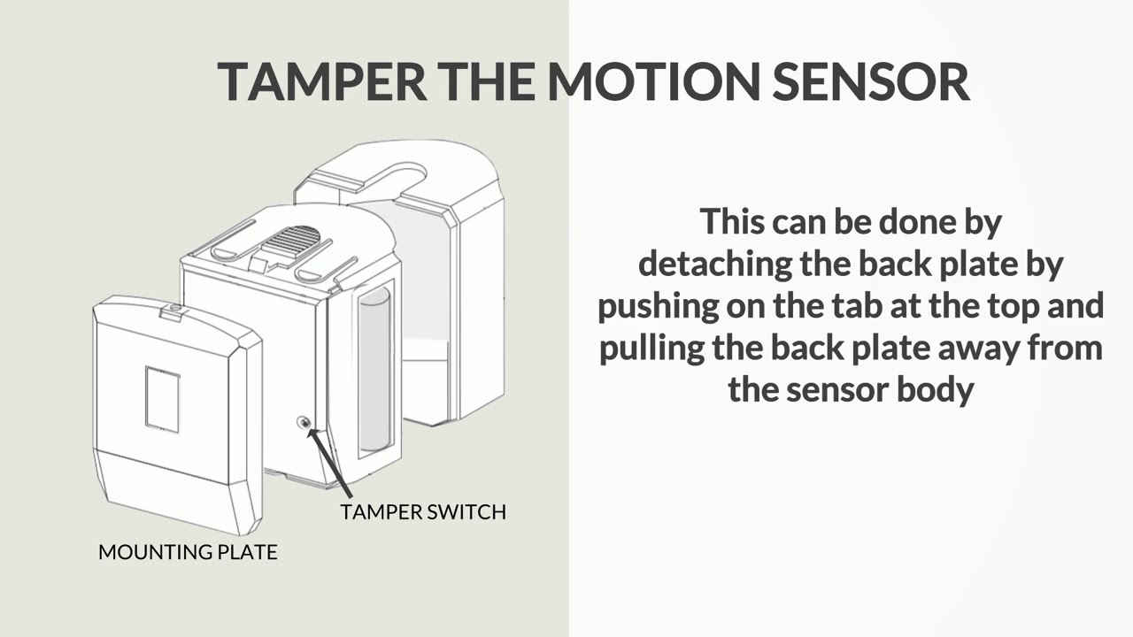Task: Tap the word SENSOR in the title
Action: pyautogui.click(x=871, y=81)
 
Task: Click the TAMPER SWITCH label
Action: pyautogui.click(x=423, y=511)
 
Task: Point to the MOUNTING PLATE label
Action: pyautogui.click(x=188, y=552)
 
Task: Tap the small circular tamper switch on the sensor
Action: pyautogui.click(x=304, y=423)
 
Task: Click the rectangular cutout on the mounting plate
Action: pyautogui.click(x=162, y=400)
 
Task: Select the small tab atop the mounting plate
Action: pyautogui.click(x=174, y=309)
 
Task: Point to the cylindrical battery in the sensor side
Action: pyautogui.click(x=375, y=367)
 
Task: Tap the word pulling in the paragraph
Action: pyautogui.click(x=650, y=347)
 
